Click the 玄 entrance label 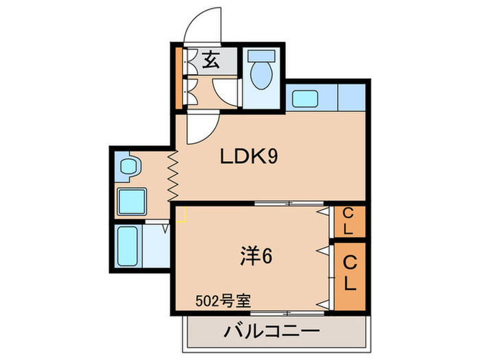point(211,61)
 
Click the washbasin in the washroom point(129,166)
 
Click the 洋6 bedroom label point(257,257)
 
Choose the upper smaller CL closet point(348,221)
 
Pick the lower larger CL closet point(350,273)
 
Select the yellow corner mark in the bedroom point(182,216)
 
